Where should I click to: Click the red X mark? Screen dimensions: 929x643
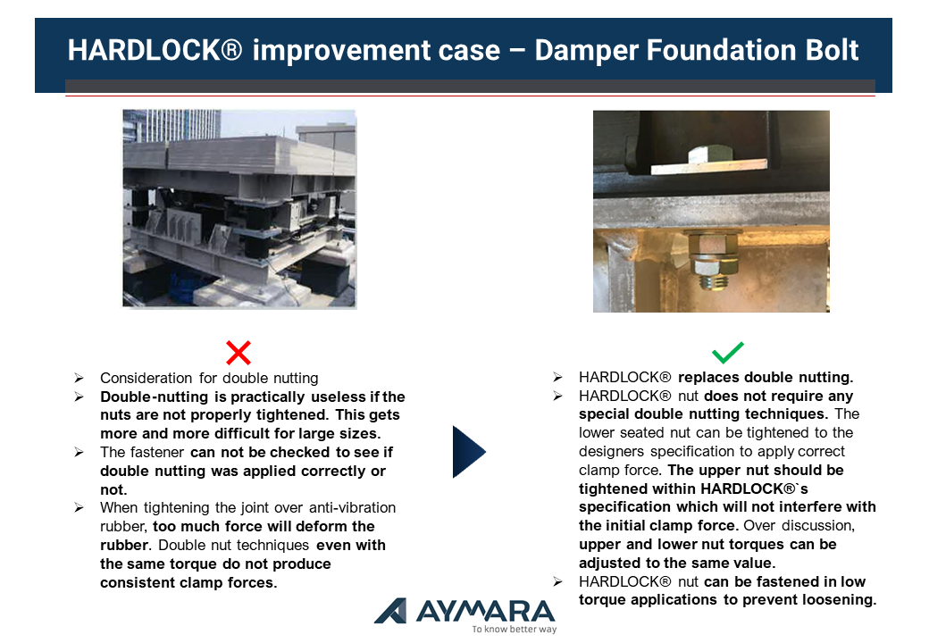pos(239,352)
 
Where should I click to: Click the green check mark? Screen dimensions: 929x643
pos(727,352)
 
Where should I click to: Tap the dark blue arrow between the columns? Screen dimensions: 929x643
pos(469,452)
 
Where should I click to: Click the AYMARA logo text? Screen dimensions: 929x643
pos(485,611)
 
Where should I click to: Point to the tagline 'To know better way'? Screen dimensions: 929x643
pos(515,629)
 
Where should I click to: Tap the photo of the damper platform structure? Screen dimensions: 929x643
pos(239,208)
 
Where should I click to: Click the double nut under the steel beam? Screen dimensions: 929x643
pos(715,261)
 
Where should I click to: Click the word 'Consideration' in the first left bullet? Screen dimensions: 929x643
pos(146,378)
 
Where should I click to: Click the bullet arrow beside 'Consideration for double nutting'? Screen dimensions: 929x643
pos(79,378)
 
